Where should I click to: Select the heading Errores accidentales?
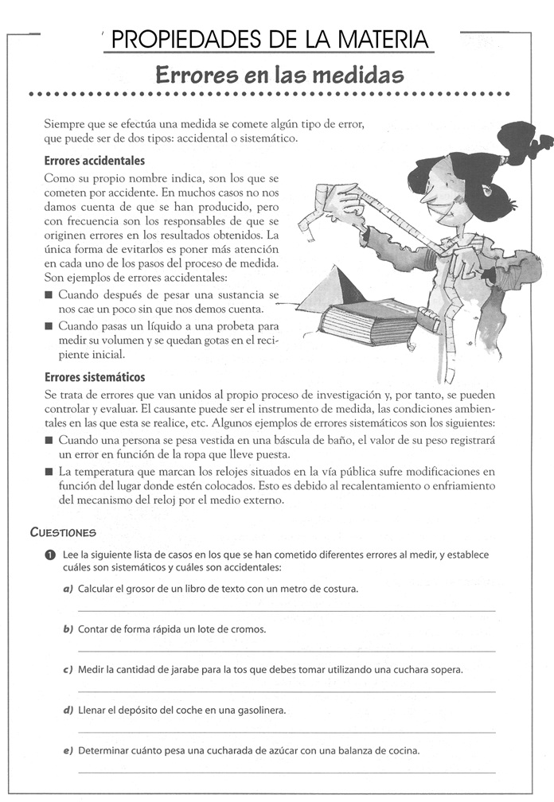[x=95, y=160]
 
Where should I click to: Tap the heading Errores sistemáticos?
[x=95, y=377]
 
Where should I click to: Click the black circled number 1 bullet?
[x=50, y=555]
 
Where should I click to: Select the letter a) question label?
[x=68, y=589]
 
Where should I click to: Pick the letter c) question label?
[x=68, y=669]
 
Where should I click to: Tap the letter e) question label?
[x=68, y=750]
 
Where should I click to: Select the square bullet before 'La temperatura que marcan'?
[x=49, y=472]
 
